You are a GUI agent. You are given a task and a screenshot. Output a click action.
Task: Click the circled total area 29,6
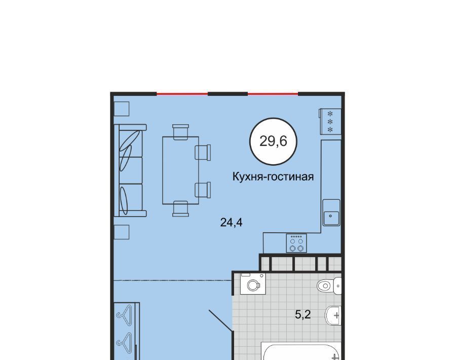[x=273, y=141]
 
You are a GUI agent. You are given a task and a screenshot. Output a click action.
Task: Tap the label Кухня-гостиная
[x=273, y=176]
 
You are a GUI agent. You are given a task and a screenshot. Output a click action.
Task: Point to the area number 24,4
[x=231, y=223]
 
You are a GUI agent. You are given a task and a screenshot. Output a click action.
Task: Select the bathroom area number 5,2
[x=303, y=314]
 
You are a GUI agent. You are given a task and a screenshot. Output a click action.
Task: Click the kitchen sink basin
[x=331, y=212]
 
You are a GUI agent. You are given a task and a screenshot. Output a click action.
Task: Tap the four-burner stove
[x=296, y=243]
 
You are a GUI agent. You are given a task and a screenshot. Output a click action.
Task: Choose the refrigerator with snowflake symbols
[x=330, y=121]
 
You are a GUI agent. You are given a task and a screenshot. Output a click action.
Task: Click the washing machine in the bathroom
[x=253, y=283]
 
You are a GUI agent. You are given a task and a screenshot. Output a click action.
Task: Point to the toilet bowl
[x=329, y=285]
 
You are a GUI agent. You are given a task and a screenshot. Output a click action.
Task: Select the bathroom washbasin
[x=333, y=315]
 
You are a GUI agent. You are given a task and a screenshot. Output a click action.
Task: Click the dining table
[x=180, y=170]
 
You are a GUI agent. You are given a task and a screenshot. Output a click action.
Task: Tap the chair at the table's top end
[x=180, y=132]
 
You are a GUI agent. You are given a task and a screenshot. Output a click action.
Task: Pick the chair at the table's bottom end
[x=180, y=209]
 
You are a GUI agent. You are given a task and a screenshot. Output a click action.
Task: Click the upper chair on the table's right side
[x=203, y=152]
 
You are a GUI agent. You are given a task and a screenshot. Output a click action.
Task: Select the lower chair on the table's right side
[x=203, y=190]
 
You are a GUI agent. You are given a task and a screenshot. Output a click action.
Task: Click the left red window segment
[x=182, y=94]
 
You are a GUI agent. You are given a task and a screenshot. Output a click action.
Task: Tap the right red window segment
[x=273, y=94]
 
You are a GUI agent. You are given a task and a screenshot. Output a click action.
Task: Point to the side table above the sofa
[x=121, y=109]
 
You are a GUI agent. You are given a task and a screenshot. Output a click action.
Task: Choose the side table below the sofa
[x=121, y=232]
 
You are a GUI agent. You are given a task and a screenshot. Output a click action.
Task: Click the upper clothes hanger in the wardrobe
[x=124, y=313]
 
